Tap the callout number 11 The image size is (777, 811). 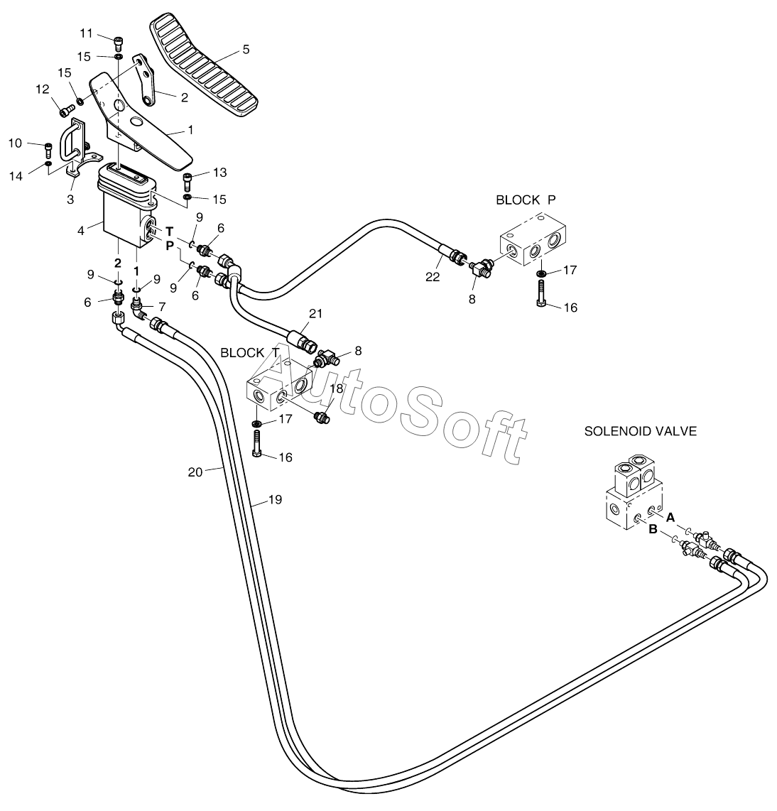point(86,34)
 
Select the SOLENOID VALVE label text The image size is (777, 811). point(641,431)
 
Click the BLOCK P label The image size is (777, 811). point(526,200)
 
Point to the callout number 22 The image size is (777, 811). point(433,277)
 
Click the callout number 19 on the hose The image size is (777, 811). point(275,500)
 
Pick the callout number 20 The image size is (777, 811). point(195,472)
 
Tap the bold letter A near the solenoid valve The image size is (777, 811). point(670,517)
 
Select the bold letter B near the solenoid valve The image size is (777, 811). point(653,530)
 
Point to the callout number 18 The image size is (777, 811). point(336,388)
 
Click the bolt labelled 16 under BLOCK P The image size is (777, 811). point(541,293)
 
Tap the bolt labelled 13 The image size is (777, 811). point(188,182)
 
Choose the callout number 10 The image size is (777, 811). point(16,143)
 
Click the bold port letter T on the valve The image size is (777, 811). point(170,232)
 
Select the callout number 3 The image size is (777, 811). point(70,199)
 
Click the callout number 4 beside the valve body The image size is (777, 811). point(81,231)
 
